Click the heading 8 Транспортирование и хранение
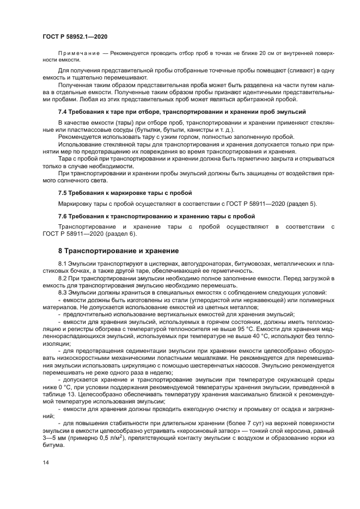point(118,251)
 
